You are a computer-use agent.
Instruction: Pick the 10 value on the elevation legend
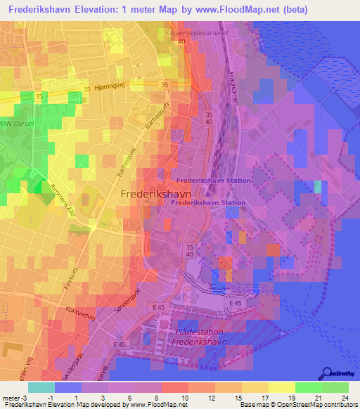(186, 397)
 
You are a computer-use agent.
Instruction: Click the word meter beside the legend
(11, 397)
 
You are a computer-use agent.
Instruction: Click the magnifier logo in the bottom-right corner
(327, 373)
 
